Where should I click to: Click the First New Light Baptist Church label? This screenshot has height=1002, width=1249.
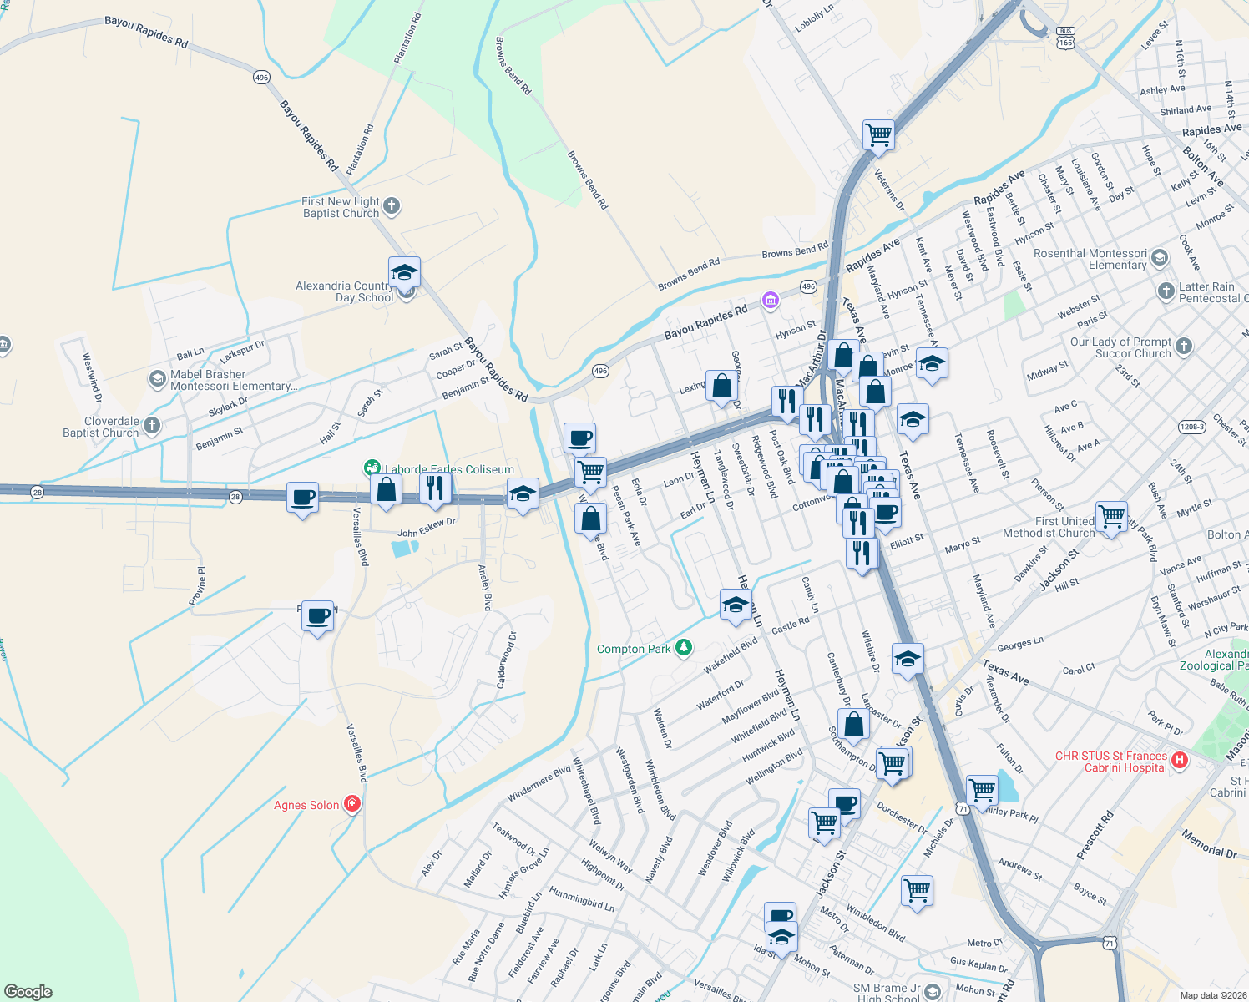click(341, 207)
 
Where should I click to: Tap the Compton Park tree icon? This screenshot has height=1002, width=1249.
click(684, 648)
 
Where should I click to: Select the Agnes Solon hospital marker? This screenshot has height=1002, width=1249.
click(352, 804)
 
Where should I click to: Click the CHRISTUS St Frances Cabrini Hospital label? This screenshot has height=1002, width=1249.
click(1110, 762)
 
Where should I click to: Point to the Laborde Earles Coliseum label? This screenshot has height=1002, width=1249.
click(449, 469)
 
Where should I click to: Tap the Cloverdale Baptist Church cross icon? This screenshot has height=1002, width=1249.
click(151, 426)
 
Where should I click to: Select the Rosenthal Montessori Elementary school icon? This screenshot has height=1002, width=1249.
click(1159, 258)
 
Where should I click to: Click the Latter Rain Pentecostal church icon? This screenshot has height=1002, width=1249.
click(1166, 291)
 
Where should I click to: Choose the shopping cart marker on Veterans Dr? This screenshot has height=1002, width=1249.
click(878, 134)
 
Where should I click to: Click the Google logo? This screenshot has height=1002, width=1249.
click(28, 991)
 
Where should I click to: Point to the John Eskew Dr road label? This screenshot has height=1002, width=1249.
click(426, 528)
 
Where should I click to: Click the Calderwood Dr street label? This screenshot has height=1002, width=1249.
click(507, 660)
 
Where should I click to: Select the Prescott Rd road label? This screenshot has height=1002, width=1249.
click(1095, 835)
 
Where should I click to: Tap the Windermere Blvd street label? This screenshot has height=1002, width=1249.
click(539, 786)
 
